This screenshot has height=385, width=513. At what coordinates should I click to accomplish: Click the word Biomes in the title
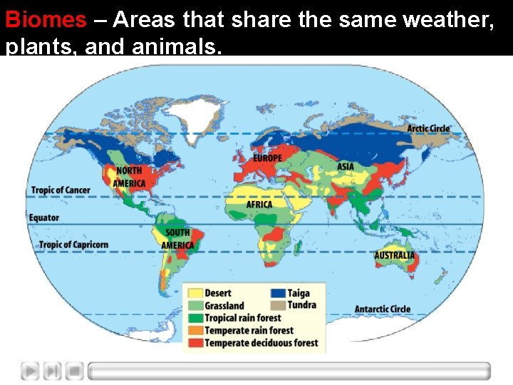pyautogui.click(x=46, y=19)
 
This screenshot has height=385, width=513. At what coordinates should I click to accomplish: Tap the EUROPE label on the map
pyautogui.click(x=267, y=158)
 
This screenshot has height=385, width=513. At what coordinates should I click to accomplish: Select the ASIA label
pyautogui.click(x=345, y=167)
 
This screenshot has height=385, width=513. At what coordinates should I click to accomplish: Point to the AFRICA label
pyautogui.click(x=259, y=205)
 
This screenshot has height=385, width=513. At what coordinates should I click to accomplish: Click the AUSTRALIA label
pyautogui.click(x=395, y=255)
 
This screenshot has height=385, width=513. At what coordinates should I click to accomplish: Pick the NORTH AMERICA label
pyautogui.click(x=130, y=177)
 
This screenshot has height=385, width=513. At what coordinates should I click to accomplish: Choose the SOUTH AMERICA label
pyautogui.click(x=177, y=239)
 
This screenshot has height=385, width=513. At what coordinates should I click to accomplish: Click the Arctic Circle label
pyautogui.click(x=428, y=129)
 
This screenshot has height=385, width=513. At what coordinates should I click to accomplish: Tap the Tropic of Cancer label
pyautogui.click(x=60, y=190)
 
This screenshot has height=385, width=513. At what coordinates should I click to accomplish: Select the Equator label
pyautogui.click(x=44, y=217)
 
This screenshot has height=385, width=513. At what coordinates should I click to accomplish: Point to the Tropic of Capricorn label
pyautogui.click(x=73, y=245)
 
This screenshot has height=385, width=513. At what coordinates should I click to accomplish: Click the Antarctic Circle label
pyautogui.click(x=383, y=309)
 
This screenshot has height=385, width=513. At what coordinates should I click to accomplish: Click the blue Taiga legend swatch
pyautogui.click(x=277, y=293)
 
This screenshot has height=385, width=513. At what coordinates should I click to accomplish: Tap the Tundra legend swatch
pyautogui.click(x=277, y=305)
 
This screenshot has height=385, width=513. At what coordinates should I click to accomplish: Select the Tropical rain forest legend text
pyautogui.click(x=242, y=318)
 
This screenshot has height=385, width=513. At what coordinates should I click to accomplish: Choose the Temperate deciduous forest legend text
pyautogui.click(x=261, y=343)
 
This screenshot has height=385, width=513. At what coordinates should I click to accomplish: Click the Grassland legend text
pyautogui.click(x=224, y=306)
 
